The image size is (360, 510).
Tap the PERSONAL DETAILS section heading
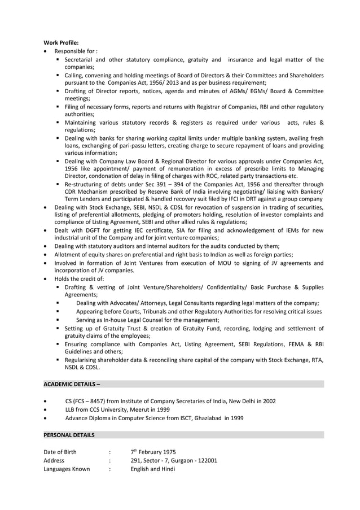(x=69, y=435)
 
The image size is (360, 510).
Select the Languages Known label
(x=66, y=469)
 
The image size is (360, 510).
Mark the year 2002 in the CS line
(x=269, y=401)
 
